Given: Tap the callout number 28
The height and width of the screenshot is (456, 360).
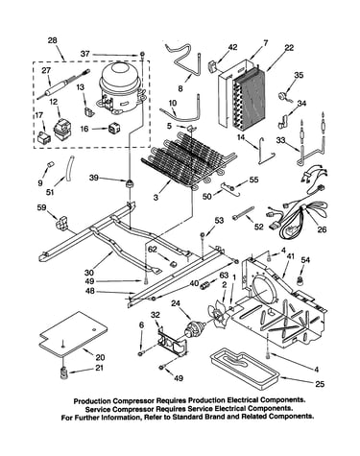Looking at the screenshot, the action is [x=52, y=40].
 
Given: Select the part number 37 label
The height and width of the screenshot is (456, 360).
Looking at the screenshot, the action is [x=85, y=54].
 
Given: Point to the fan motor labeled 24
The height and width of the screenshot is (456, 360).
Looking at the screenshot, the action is [x=193, y=330].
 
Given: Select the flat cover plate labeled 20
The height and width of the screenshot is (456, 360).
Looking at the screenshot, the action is [x=73, y=334].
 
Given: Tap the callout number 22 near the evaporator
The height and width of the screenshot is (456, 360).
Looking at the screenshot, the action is [x=289, y=48].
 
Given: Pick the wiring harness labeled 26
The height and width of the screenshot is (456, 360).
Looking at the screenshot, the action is [x=296, y=204].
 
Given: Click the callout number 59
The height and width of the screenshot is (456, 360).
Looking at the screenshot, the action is [x=41, y=207].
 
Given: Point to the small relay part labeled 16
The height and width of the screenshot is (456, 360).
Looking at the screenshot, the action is [x=113, y=129].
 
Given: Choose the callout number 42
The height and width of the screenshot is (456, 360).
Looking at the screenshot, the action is [x=232, y=47].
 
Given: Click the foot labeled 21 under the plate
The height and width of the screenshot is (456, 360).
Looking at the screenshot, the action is [x=64, y=372].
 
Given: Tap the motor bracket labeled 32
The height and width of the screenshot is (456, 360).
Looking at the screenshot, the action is [x=172, y=342].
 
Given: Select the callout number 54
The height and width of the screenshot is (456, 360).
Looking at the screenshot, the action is [x=305, y=260].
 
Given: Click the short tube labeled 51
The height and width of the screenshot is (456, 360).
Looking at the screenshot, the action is [x=69, y=168].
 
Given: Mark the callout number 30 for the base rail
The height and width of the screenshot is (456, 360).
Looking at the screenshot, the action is [x=89, y=273].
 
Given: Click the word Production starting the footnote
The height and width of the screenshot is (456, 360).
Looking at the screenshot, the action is [x=92, y=400].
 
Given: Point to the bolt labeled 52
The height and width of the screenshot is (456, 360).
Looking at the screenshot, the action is [x=244, y=213].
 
